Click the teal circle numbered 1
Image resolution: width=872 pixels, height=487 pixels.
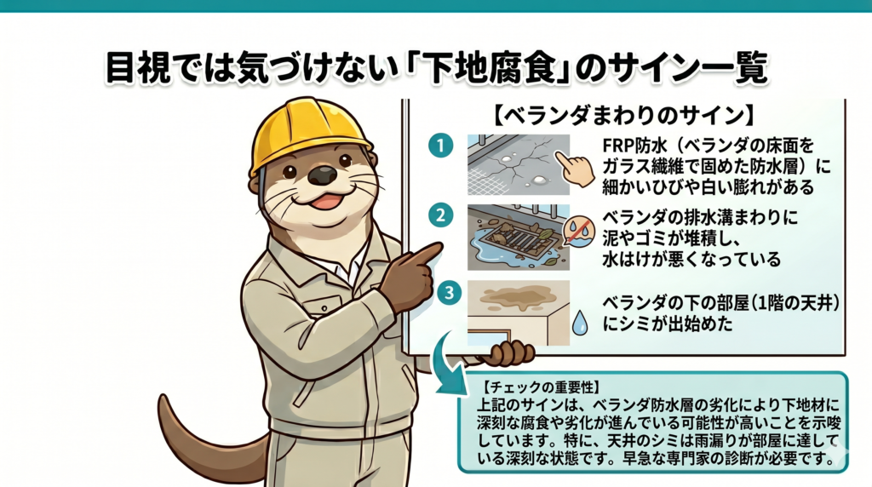click(440, 146)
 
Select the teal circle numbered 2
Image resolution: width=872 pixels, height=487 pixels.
click(440, 215)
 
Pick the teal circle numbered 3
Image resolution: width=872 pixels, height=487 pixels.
click(449, 293)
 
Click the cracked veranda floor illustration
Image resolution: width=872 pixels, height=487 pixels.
click(519, 164)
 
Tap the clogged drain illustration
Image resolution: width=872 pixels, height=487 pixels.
click(519, 238)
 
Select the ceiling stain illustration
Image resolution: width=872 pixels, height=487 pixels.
click(519, 312)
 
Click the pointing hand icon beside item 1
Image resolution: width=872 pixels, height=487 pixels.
click(575, 169)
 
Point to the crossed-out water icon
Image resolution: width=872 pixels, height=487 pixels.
click(579, 231)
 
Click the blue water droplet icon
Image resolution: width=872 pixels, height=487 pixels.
click(580, 322)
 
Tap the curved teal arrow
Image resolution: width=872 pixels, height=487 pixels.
click(448, 364)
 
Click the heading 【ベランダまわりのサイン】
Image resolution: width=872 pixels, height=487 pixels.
click(624, 115)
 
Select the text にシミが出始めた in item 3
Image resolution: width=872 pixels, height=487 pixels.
click(668, 323)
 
